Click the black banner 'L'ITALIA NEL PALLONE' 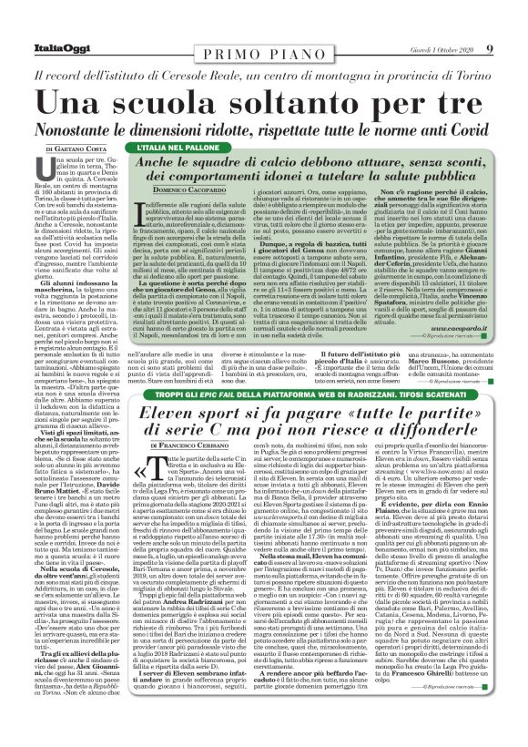pyautogui.click(x=168, y=146)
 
